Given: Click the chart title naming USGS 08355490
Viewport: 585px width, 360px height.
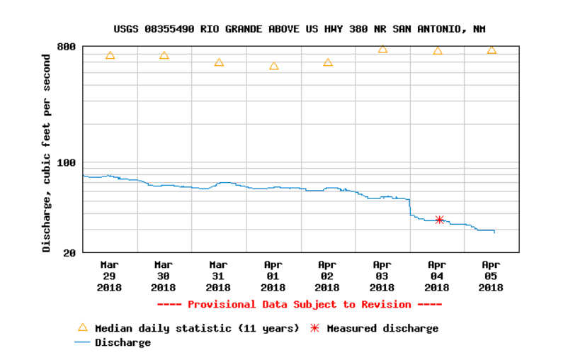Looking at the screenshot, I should pyautogui.click(x=300, y=29).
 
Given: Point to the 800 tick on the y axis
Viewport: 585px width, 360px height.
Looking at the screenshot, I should pyautogui.click(x=66, y=47).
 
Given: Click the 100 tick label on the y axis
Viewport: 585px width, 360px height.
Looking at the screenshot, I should pyautogui.click(x=66, y=162).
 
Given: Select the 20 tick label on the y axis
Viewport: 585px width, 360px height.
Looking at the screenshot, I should pyautogui.click(x=69, y=252).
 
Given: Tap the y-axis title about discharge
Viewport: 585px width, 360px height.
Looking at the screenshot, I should pyautogui.click(x=47, y=153).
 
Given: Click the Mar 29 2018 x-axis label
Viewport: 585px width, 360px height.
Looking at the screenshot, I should pyautogui.click(x=109, y=276).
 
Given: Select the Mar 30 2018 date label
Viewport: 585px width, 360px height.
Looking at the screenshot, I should pyautogui.click(x=164, y=276).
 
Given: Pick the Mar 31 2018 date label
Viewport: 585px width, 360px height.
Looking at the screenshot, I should pyautogui.click(x=218, y=276).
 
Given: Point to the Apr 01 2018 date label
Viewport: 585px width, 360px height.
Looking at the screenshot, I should pyautogui.click(x=273, y=276).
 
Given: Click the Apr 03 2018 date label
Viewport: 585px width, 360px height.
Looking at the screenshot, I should pyautogui.click(x=382, y=276).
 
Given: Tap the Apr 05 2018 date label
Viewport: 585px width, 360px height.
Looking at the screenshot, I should pyautogui.click(x=491, y=276).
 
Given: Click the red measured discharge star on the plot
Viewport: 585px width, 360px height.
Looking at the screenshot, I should pyautogui.click(x=439, y=220).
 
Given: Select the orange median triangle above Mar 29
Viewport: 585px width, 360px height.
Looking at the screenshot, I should pyautogui.click(x=110, y=55).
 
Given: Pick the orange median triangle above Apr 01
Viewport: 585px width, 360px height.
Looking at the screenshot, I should pyautogui.click(x=274, y=66).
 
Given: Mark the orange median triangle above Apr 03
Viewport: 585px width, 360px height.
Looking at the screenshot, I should pyautogui.click(x=383, y=49).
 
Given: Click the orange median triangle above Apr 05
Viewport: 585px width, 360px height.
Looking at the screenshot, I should pyautogui.click(x=492, y=50).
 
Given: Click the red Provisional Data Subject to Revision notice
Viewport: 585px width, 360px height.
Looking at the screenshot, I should pyautogui.click(x=300, y=305).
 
